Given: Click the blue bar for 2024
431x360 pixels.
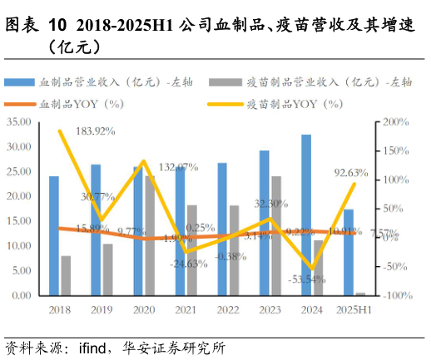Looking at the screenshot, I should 307,215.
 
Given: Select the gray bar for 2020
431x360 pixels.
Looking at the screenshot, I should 150,236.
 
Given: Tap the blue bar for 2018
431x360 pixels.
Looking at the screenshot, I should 54,236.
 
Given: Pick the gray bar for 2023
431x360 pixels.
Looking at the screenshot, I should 276,236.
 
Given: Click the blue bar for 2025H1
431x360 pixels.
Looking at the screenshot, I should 349,253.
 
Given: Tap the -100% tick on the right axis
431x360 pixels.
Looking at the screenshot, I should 395,296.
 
